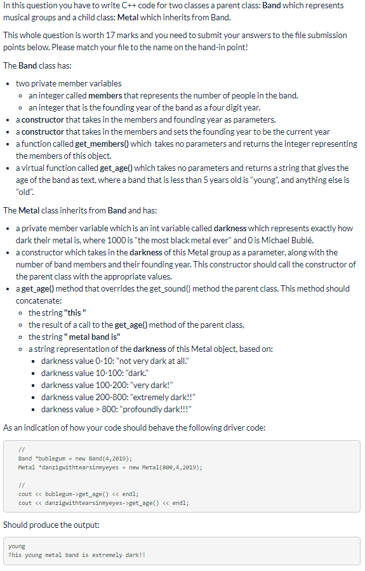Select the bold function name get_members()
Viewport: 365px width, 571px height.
pyautogui.click(x=102, y=144)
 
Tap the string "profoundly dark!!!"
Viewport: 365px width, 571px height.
pyautogui.click(x=152, y=409)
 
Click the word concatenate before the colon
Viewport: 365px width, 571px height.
pyautogui.click(x=37, y=300)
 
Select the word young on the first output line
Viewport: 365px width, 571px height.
pyautogui.click(x=17, y=546)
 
